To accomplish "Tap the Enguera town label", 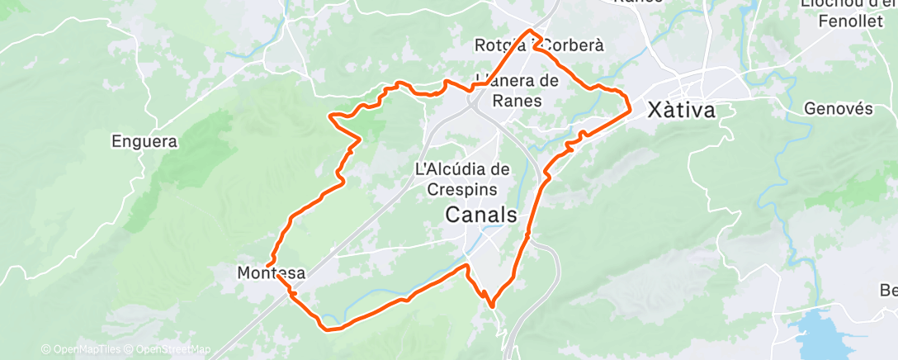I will pos(144,142).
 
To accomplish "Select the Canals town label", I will pos(481,216).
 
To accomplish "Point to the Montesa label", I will pos(272,272).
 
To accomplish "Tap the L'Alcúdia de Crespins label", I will pos(462,178).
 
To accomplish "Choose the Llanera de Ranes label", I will pos(518,91).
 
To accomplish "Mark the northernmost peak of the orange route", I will pos(530,31).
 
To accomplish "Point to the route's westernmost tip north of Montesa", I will pos(330,116).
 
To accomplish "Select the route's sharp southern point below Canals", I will pos(492,306).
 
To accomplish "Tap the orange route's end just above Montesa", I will pos(267,264).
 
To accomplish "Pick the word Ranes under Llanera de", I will pos(517,101).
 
